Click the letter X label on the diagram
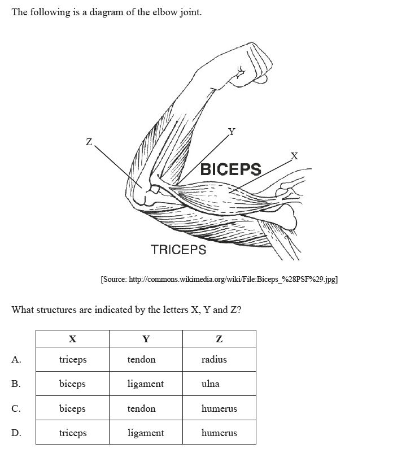[x=294, y=155]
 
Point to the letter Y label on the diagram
[x=231, y=132]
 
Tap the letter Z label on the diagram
[x=88, y=142]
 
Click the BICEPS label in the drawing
[x=231, y=169]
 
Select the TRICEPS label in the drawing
[x=178, y=249]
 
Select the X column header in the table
[x=72, y=339]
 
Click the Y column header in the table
[x=146, y=339]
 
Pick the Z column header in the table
[x=219, y=339]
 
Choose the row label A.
[x=16, y=359]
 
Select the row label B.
[x=16, y=384]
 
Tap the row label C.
[x=16, y=408]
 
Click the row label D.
[x=16, y=433]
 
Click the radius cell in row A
[x=214, y=359]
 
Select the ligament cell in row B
[x=146, y=384]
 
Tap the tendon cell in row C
[x=141, y=408]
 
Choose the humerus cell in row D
[x=219, y=433]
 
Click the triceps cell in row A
[x=73, y=359]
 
